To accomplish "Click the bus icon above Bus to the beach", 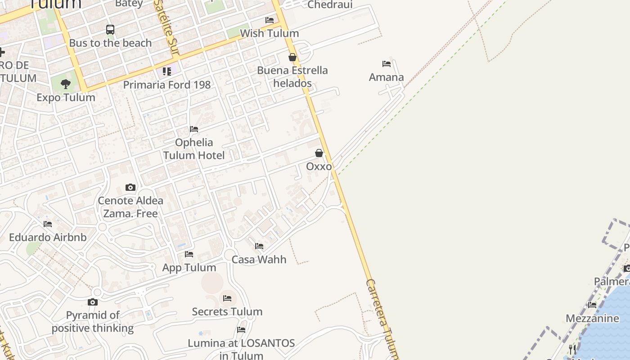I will pos(110,30).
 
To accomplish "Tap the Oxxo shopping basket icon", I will pos(319,153).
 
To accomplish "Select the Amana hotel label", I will pos(386,77).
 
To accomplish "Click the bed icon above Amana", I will pos(386,64).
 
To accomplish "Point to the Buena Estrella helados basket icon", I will pos(292,57).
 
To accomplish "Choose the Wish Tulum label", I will pos(269,33).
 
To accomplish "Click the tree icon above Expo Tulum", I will pos(66,84).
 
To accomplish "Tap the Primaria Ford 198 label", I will pos(166,85).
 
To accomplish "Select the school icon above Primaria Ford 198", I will pos(167,71).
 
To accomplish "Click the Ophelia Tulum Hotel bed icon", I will pos(194,129).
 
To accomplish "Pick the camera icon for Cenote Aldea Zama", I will pos(130,187).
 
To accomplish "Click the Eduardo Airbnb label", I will pos(48,237).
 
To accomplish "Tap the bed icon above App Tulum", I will pos(189,254).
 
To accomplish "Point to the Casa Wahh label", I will pos(259,260).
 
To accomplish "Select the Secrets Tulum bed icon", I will pos(227,298).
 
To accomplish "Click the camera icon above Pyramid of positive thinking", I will pos(93,302).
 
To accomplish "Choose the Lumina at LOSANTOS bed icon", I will pos(241,330).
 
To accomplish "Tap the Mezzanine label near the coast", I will pos(592,319).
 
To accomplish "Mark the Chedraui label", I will pos(330,4).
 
